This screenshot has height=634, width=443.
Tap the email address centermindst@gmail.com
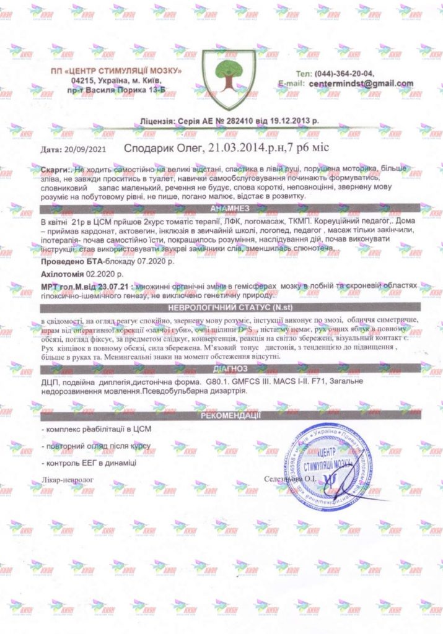point(362,83)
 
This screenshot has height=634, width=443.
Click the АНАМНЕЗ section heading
point(229,208)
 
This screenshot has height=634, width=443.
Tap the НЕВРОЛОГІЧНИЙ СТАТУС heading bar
point(229,308)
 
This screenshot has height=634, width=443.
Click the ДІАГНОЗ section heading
point(229,369)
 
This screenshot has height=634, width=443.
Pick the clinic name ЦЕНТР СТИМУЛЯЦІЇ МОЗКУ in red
point(116,72)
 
